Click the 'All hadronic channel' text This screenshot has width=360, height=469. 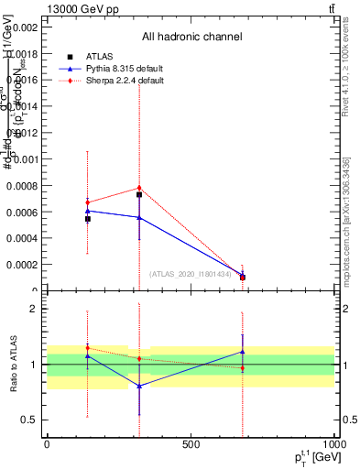(x=191, y=38)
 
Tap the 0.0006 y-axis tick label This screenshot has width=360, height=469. (x=22, y=213)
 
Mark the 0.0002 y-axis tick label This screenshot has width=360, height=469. (x=22, y=265)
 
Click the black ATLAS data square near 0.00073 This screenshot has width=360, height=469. (x=139, y=194)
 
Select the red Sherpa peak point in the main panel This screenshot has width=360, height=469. (x=139, y=188)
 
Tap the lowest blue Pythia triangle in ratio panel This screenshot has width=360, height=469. (x=139, y=387)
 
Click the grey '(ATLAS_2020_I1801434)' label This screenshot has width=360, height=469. (x=191, y=273)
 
